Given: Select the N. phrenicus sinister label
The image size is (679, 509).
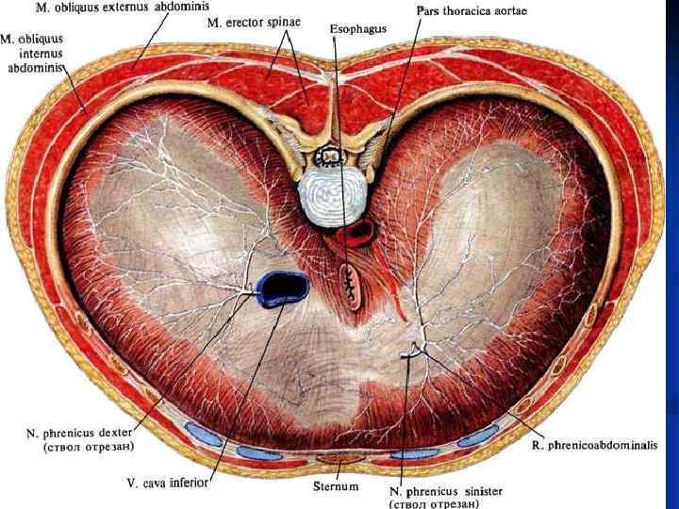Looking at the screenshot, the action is tap(445, 491).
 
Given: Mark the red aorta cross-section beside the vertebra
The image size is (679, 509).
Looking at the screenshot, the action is tap(358, 232).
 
